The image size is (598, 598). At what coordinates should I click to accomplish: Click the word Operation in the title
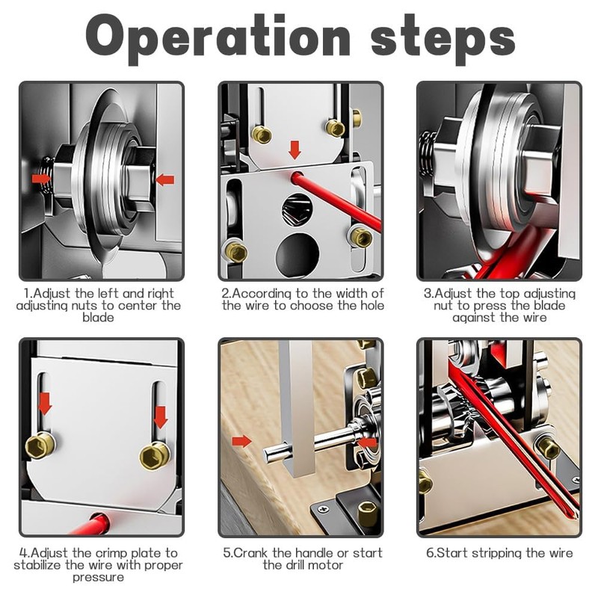(x=218, y=40)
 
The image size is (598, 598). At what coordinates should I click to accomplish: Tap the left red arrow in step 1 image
(x=41, y=179)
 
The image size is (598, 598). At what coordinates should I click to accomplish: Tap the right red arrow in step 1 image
(x=165, y=179)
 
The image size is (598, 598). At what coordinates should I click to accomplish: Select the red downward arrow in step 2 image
(x=295, y=150)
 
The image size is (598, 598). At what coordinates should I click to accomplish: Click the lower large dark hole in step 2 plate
(x=297, y=254)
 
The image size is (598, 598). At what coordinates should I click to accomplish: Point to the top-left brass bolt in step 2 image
(x=262, y=135)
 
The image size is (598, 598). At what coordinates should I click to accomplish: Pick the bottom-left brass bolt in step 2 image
(x=235, y=252)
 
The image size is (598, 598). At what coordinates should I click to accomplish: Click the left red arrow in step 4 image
(x=45, y=404)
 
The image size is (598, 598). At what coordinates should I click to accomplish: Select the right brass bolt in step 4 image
(x=155, y=456)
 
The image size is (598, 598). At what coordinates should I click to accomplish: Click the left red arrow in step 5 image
(x=241, y=442)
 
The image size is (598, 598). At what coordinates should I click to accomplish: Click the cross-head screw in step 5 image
(x=324, y=509)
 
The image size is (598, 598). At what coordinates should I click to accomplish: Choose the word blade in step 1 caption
(x=98, y=317)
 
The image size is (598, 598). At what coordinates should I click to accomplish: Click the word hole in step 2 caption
(x=369, y=306)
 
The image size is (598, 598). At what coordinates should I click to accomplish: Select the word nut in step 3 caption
(x=444, y=306)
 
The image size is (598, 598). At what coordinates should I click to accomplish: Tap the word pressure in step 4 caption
(x=98, y=577)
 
